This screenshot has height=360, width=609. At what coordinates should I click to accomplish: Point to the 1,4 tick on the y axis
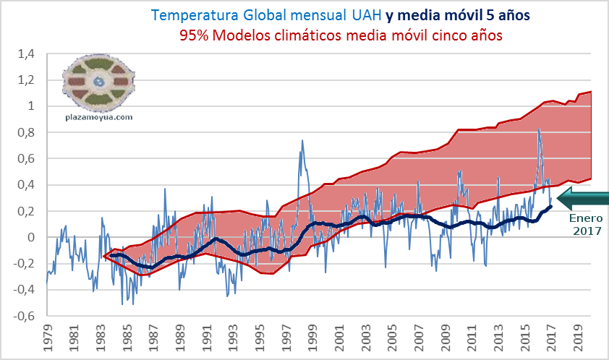26,53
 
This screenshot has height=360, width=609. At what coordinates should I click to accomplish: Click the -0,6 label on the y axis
25,316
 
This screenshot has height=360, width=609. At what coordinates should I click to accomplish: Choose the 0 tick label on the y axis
31,237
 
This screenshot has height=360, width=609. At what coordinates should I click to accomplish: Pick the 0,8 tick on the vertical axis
26,132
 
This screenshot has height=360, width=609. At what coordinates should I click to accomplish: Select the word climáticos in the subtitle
346,35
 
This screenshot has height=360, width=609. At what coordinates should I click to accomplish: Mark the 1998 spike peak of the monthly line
302,141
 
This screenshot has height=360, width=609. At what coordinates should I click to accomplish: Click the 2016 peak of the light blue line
539,129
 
